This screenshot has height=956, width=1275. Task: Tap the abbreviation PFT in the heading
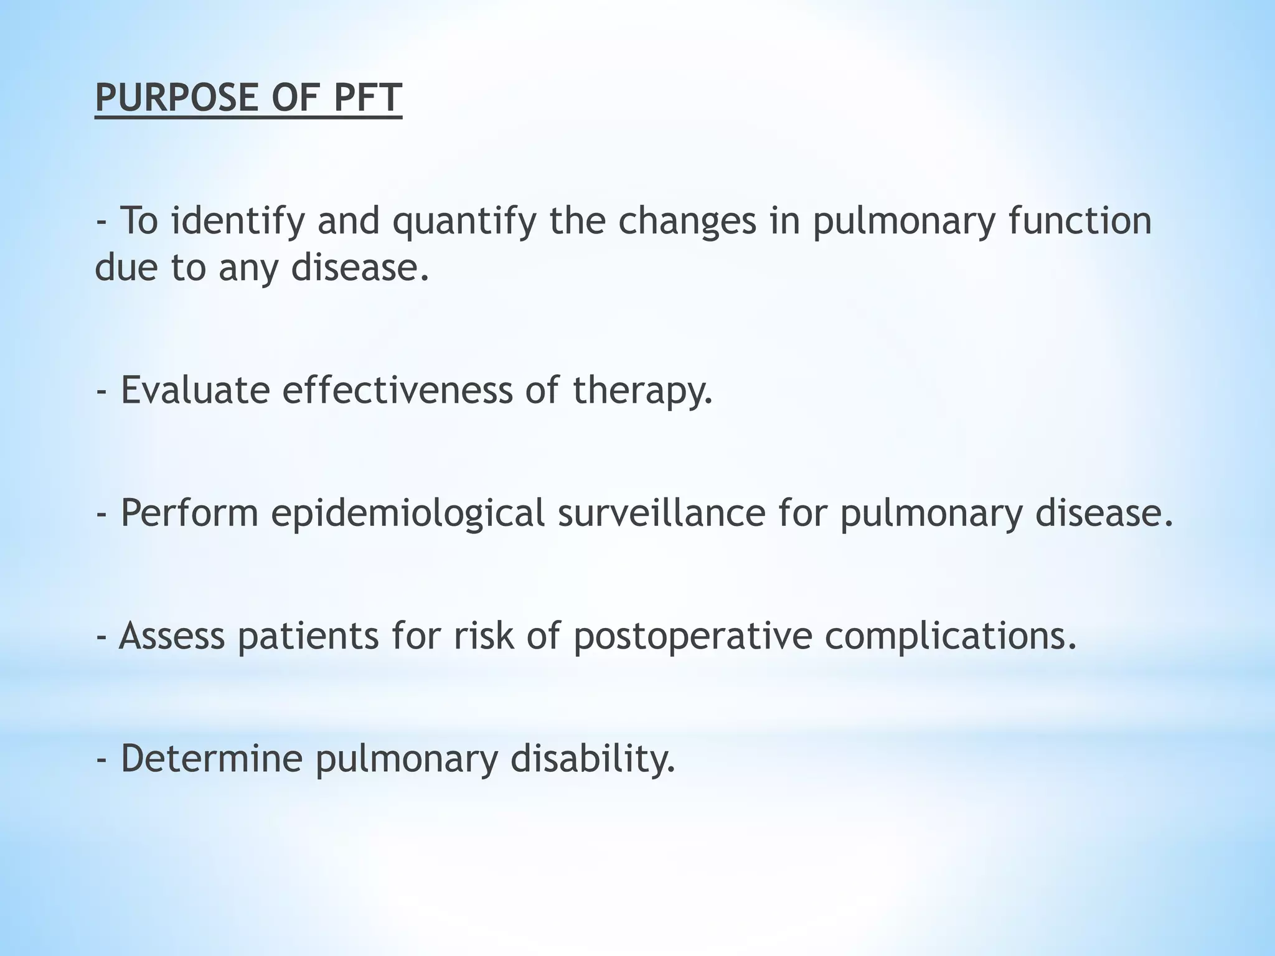(x=368, y=98)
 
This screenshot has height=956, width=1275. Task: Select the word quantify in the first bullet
(x=463, y=222)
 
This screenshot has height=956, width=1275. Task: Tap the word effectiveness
(x=397, y=390)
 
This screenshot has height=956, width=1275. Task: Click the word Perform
(x=189, y=514)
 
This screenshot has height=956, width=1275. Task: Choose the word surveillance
(x=661, y=513)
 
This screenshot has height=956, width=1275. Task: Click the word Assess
(x=171, y=636)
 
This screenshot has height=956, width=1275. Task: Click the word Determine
(x=211, y=759)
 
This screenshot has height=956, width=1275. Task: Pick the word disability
(x=593, y=760)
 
